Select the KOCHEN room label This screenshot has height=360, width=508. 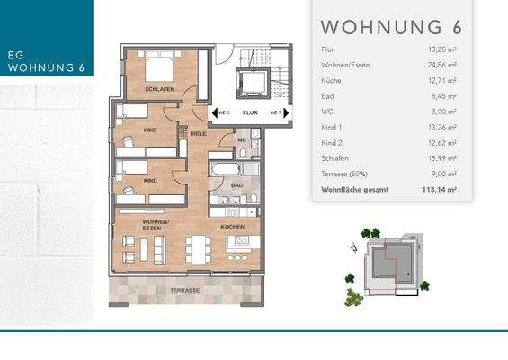tap(233, 227)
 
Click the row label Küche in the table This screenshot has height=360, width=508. tap(330, 82)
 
